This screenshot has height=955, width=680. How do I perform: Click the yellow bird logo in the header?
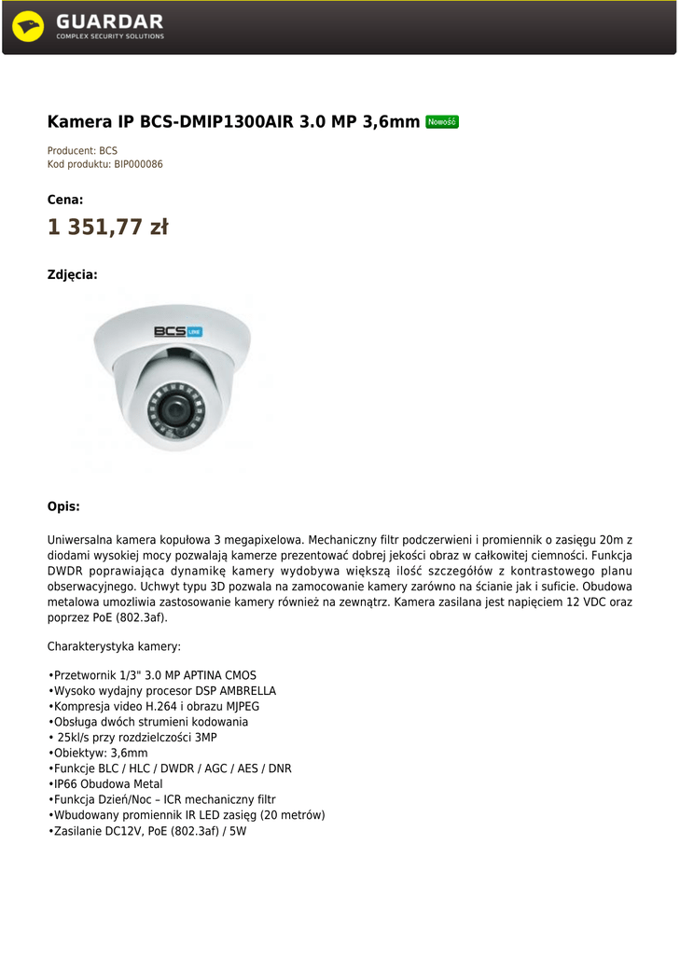(28, 26)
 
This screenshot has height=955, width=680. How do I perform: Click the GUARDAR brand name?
(109, 21)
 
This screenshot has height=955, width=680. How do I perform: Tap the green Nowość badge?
(441, 121)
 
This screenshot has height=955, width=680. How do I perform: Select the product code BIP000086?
(138, 164)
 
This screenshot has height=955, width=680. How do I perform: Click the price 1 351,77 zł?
(107, 228)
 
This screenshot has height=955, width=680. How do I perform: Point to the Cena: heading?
(65, 200)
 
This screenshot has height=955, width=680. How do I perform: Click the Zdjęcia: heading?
(72, 275)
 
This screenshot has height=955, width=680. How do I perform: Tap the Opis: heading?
(63, 506)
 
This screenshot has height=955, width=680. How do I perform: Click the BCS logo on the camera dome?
(177, 331)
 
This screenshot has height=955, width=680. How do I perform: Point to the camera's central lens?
(173, 408)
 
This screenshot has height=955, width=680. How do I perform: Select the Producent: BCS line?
(82, 150)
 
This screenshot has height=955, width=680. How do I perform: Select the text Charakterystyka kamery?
(114, 646)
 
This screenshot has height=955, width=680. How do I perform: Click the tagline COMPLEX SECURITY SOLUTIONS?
(109, 36)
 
